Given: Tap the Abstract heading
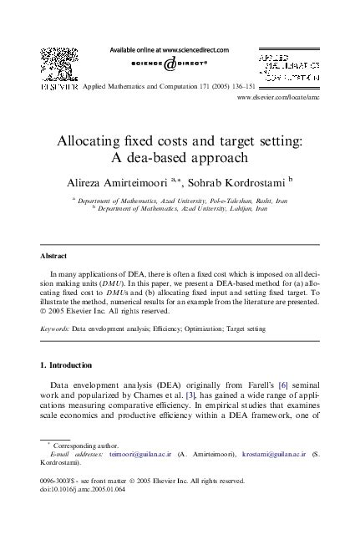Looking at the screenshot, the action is [x=53, y=256].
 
